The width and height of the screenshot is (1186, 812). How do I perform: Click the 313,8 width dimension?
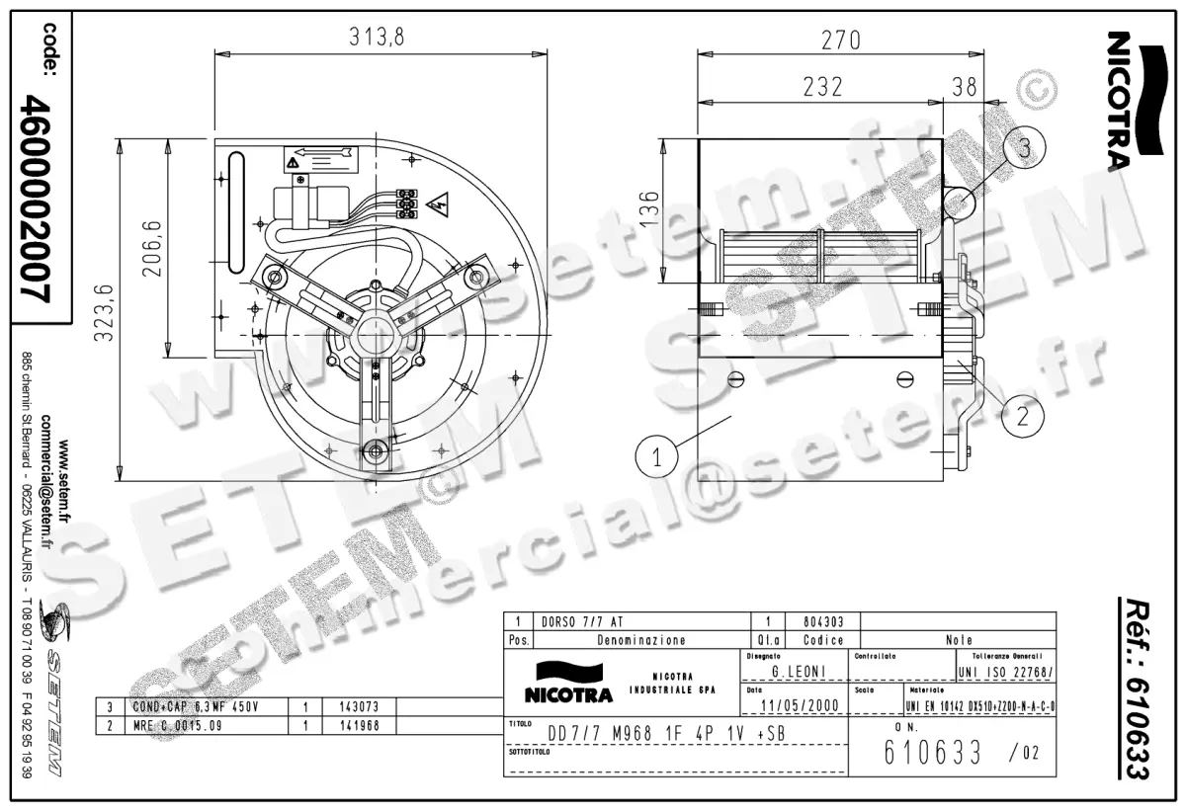click(x=378, y=37)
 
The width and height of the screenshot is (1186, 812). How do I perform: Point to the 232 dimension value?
click(x=822, y=87)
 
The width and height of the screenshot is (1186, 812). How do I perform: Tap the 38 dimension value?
click(x=965, y=87)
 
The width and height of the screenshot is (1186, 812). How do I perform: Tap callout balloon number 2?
click(x=1022, y=416)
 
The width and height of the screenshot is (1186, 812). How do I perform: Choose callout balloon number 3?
click(x=1024, y=149)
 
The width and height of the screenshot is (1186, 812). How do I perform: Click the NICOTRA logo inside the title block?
click(x=567, y=684)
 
